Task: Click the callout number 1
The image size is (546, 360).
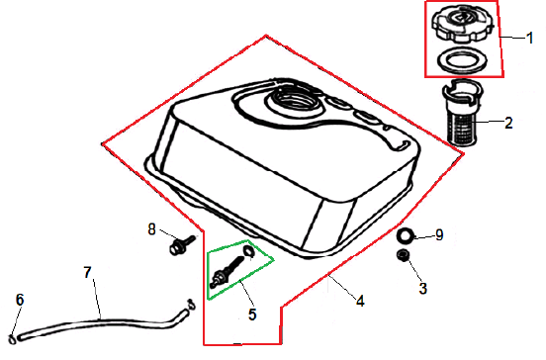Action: click(x=530, y=38)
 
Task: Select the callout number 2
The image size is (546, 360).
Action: click(x=508, y=123)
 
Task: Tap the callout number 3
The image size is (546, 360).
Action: click(x=422, y=289)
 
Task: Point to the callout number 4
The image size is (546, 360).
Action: click(x=360, y=301)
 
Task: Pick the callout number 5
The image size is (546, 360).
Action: click(x=252, y=315)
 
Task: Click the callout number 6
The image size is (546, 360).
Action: click(x=20, y=300)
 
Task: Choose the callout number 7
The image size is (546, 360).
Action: click(x=87, y=272)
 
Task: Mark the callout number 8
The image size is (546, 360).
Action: click(x=151, y=229)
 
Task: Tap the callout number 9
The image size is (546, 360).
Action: click(x=439, y=235)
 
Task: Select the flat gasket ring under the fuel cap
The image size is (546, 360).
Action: click(x=462, y=61)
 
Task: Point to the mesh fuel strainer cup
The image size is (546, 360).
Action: click(x=460, y=112)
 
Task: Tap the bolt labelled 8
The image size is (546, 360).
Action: click(x=182, y=244)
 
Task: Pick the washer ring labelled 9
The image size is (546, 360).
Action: click(x=406, y=236)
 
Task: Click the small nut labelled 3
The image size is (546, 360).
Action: click(x=404, y=255)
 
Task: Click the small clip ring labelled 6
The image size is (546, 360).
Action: click(x=12, y=339)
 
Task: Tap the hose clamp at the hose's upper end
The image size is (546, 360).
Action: click(x=191, y=304)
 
